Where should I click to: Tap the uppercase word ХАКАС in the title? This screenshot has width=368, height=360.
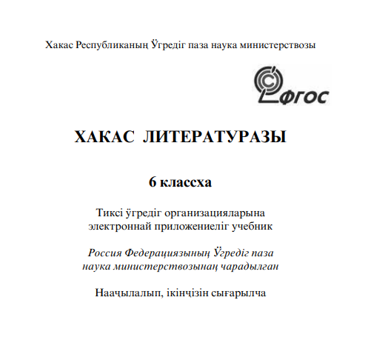(103, 137)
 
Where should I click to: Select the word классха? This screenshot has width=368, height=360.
(187, 180)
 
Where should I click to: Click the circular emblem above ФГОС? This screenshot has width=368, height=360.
(269, 80)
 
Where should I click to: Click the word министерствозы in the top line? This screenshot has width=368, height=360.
(275, 45)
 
